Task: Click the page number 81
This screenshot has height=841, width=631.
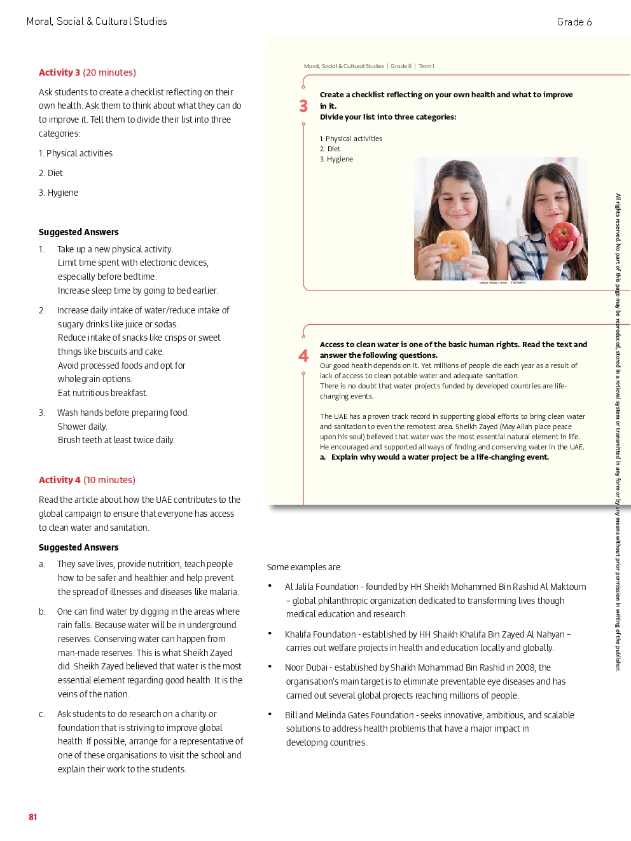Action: click(33, 817)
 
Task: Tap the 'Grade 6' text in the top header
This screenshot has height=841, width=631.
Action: click(574, 22)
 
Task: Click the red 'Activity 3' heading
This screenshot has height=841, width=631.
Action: click(60, 72)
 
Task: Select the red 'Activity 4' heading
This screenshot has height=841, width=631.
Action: click(60, 480)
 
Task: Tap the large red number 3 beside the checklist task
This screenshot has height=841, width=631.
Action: click(303, 106)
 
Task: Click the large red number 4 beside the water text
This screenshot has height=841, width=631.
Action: click(303, 356)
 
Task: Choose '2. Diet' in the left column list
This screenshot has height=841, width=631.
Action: click(51, 173)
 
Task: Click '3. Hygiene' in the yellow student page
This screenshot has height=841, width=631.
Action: click(336, 160)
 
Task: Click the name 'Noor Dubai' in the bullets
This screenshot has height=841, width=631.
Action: click(306, 667)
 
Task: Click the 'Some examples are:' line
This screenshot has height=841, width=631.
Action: click(305, 567)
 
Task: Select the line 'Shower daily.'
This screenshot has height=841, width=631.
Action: click(82, 427)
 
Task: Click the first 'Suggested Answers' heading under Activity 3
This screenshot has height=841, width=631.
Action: click(78, 232)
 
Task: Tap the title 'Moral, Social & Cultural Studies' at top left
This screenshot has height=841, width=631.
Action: click(97, 22)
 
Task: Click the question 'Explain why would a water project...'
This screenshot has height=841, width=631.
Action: click(440, 457)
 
